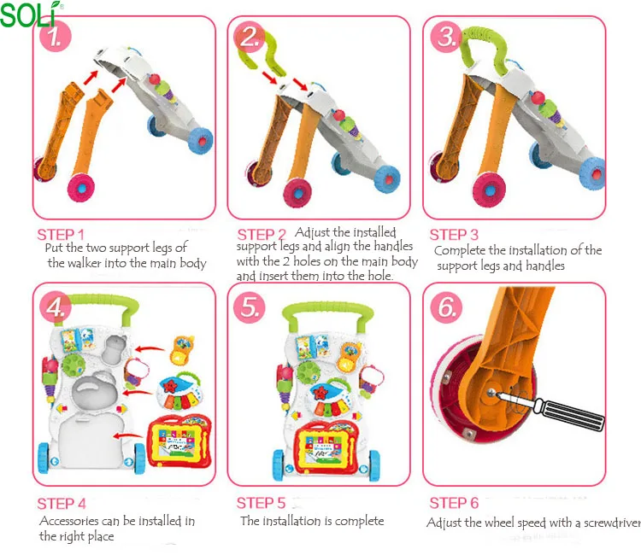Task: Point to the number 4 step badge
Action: tap(56, 307)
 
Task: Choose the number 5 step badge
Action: tap(250, 307)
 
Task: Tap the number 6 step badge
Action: tap(446, 307)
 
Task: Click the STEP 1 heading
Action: tap(61, 235)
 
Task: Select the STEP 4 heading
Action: tap(62, 504)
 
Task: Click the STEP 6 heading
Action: tap(454, 504)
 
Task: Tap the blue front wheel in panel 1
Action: tap(199, 139)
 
